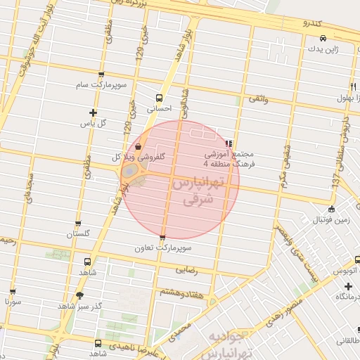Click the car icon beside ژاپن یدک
click(x=322, y=39)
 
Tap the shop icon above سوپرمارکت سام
click(x=101, y=75)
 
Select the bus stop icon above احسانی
click(x=159, y=98)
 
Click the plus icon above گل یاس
click(x=93, y=112)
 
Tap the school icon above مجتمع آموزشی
click(x=229, y=143)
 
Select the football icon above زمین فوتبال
click(x=332, y=208)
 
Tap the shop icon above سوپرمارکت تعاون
click(x=163, y=238)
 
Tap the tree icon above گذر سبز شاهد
click(x=79, y=296)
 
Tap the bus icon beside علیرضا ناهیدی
click(x=97, y=344)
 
